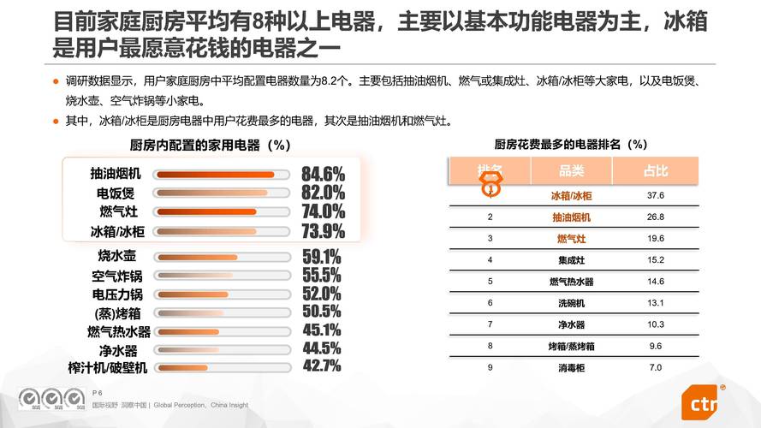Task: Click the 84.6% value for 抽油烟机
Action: pyautogui.click(x=323, y=174)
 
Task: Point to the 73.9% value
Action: pyautogui.click(x=323, y=231)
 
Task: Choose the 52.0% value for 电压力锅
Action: pyautogui.click(x=322, y=294)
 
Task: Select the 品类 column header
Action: pyautogui.click(x=571, y=171)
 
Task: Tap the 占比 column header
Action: pyautogui.click(x=656, y=171)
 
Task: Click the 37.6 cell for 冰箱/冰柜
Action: pyautogui.click(x=656, y=196)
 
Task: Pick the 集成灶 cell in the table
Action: pyautogui.click(x=571, y=260)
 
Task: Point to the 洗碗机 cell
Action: pyautogui.click(x=571, y=303)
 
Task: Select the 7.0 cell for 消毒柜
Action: pyautogui.click(x=656, y=367)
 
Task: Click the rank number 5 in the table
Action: pyautogui.click(x=490, y=282)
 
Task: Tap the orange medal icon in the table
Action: pyautogui.click(x=491, y=182)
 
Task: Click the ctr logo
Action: pyautogui.click(x=704, y=402)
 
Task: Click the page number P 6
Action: pyautogui.click(x=97, y=392)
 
